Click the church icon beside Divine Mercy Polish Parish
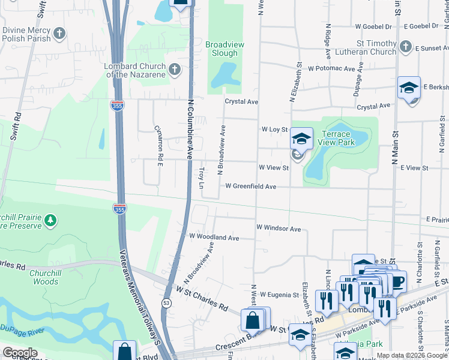pyautogui.click(x=59, y=34)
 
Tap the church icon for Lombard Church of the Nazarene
pyautogui.click(x=175, y=70)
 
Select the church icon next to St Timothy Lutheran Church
pyautogui.click(x=406, y=47)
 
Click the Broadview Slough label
pyautogui.click(x=221, y=49)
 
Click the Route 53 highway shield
pyautogui.click(x=166, y=304)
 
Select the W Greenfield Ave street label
pyautogui.click(x=251, y=187)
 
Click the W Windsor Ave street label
pyautogui.click(x=278, y=229)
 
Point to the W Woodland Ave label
pyautogui.click(x=214, y=238)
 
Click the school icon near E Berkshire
pyautogui.click(x=409, y=88)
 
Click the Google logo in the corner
pyautogui.click(x=20, y=352)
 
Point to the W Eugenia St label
pyautogui.click(x=279, y=295)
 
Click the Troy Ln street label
pyautogui.click(x=202, y=178)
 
